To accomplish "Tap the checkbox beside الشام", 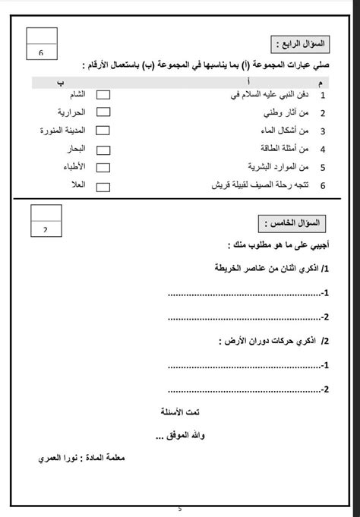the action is (104, 95).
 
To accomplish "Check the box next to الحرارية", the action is (104, 112).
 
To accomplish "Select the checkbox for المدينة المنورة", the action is (104, 131).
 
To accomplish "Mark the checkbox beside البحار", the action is (104, 148).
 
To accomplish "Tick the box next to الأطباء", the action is (104, 166).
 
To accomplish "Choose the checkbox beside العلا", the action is (104, 184).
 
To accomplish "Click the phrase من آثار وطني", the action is (286, 113).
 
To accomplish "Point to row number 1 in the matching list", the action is (323, 96).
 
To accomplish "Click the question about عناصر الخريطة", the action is (270, 269).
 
